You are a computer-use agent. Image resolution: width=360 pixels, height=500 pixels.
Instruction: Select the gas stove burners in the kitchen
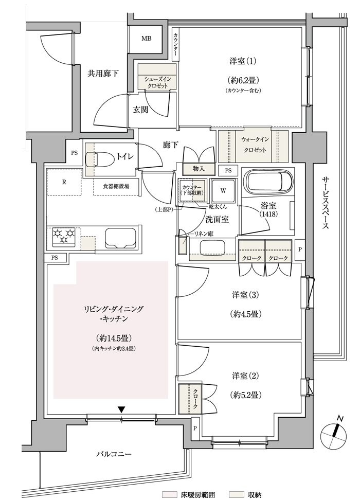64,237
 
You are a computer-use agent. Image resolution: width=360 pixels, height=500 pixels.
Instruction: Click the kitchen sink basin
121,238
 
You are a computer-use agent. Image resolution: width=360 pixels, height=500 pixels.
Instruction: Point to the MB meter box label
147,39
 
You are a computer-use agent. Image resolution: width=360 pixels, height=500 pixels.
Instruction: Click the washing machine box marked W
223,191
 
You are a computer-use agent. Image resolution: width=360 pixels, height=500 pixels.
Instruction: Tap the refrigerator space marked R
64,182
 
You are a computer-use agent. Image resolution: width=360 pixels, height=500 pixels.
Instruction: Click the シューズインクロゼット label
157,82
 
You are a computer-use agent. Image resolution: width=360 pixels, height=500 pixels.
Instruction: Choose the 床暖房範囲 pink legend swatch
169,494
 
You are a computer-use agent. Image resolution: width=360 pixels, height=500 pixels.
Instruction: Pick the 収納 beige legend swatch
237,494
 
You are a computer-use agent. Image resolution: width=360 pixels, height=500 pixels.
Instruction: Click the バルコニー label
114,454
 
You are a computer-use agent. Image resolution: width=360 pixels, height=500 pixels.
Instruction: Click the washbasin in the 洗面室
213,247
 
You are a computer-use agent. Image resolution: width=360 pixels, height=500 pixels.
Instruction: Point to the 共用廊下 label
103,74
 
